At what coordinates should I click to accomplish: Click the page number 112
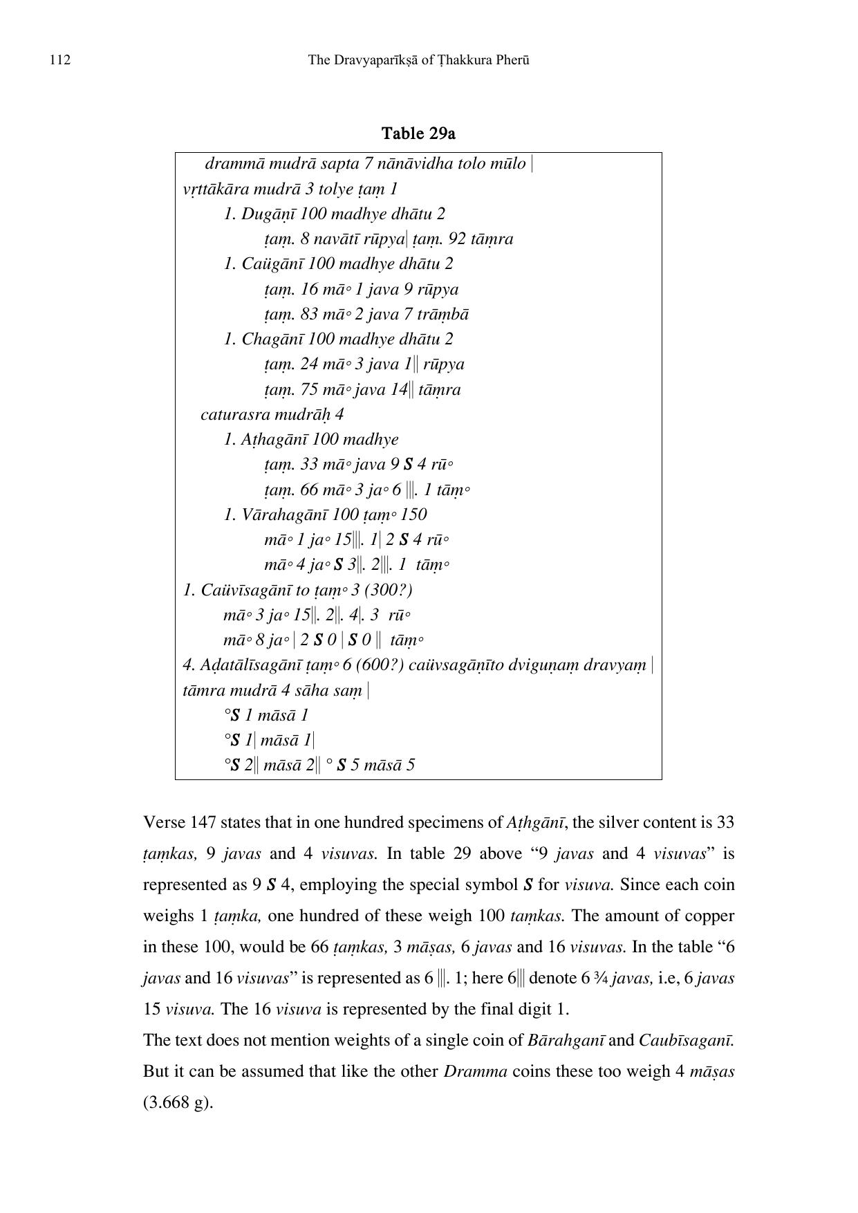[x=60, y=60]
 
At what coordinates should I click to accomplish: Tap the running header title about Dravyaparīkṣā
[x=418, y=60]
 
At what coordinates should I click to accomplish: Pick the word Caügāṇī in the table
[x=271, y=263]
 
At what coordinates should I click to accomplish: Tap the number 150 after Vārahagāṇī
[x=413, y=515]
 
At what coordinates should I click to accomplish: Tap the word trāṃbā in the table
[x=442, y=314]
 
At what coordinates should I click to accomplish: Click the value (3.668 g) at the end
[x=177, y=1102]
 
